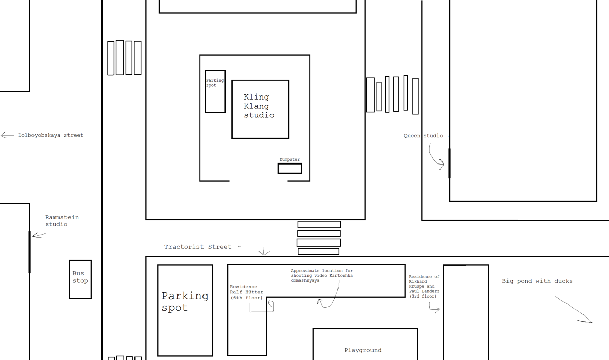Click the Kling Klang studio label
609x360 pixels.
click(x=259, y=106)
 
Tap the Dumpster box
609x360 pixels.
click(x=290, y=168)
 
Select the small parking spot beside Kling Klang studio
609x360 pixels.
click(x=215, y=92)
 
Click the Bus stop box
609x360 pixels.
click(x=80, y=279)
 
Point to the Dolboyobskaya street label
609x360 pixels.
click(x=51, y=135)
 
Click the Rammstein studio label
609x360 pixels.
click(x=62, y=221)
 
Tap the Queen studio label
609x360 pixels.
click(x=423, y=136)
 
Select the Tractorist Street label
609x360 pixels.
click(x=198, y=247)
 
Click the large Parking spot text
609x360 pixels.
click(x=185, y=302)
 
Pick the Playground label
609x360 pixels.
click(x=362, y=350)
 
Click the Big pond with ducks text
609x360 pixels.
click(x=537, y=281)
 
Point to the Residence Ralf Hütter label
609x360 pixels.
click(x=246, y=292)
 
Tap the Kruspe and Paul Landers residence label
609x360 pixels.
click(x=424, y=286)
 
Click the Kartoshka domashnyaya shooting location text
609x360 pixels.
click(x=321, y=276)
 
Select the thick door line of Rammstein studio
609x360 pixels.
click(x=30, y=251)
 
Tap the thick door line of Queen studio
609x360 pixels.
click(x=449, y=163)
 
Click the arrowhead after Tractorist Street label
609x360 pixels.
click(x=264, y=252)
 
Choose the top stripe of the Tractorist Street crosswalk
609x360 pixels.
click(x=319, y=224)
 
